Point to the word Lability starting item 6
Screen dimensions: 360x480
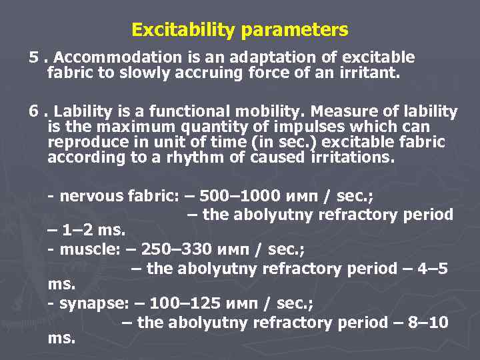82,111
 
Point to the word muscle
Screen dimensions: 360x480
83,250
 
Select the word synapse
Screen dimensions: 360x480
87,304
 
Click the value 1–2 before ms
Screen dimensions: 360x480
78,231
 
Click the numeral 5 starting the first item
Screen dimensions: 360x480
33,57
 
